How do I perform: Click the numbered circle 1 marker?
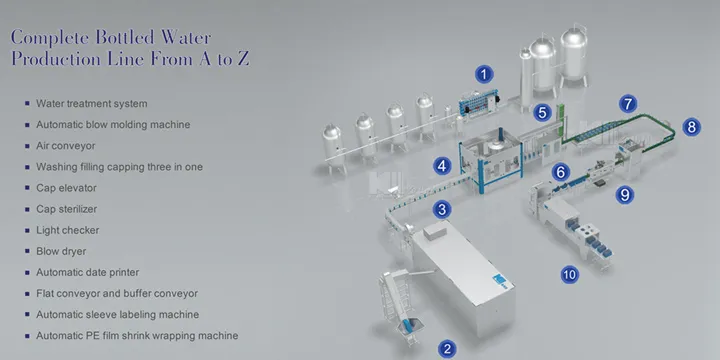[484, 73]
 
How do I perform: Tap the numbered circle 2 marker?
[448, 348]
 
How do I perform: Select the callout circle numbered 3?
[442, 210]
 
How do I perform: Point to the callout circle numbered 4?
[441, 165]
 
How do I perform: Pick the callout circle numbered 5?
[542, 113]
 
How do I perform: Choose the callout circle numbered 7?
[627, 103]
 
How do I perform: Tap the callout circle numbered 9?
[625, 195]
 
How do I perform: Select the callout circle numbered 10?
[569, 273]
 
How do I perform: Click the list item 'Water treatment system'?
[92, 103]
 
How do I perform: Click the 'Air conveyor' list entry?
[69, 145]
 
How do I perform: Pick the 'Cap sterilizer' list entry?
[70, 209]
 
